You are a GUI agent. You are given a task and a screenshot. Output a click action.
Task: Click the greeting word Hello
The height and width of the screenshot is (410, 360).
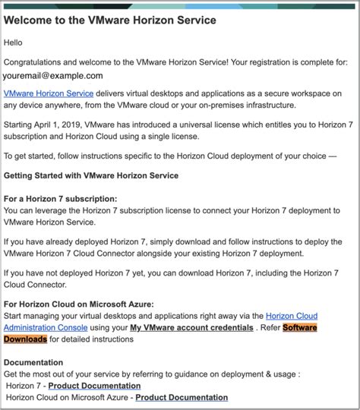click(x=15, y=43)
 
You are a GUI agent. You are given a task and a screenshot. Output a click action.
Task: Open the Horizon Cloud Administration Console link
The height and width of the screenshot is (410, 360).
click(x=292, y=316)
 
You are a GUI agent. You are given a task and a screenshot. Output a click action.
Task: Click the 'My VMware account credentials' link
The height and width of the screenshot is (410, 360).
click(x=191, y=328)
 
